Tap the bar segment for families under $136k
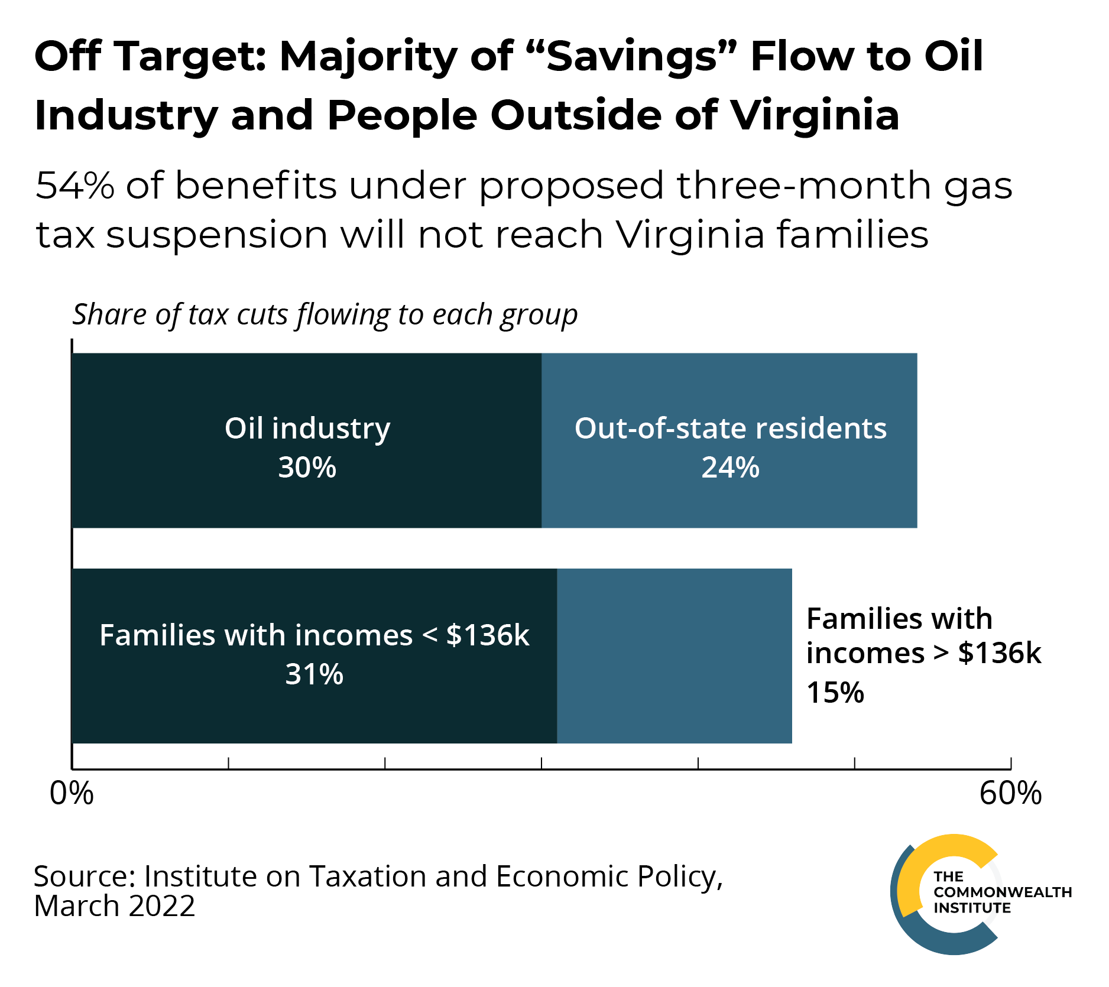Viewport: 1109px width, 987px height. pyautogui.click(x=313, y=709)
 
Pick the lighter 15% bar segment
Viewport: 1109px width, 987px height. pyautogui.click(x=674, y=656)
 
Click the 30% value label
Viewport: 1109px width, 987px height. pyautogui.click(x=307, y=467)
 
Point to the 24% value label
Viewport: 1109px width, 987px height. pyautogui.click(x=730, y=467)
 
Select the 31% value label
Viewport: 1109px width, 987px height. pyautogui.click(x=314, y=674)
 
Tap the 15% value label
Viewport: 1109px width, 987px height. pyautogui.click(x=835, y=693)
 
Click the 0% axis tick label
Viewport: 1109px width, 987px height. pyautogui.click(x=72, y=794)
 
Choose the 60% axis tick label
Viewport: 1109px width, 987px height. pyautogui.click(x=1010, y=794)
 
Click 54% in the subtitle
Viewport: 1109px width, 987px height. pyautogui.click(x=74, y=186)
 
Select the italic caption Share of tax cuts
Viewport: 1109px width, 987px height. pyautogui.click(x=325, y=314)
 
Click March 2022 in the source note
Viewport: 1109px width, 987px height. pyautogui.click(x=114, y=906)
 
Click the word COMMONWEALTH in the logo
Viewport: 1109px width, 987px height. pyautogui.click(x=1003, y=892)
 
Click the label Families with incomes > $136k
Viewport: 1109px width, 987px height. pyautogui.click(x=923, y=636)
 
